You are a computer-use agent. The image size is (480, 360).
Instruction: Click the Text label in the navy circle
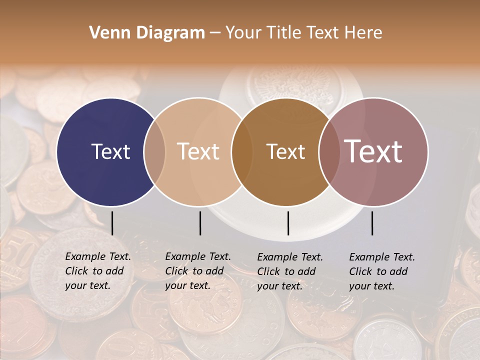pos(110,151)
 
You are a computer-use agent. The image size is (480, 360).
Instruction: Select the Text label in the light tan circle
pos(198,151)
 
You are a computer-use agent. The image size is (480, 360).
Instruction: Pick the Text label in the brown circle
pos(285,151)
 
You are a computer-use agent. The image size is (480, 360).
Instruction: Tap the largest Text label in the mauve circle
pos(373,151)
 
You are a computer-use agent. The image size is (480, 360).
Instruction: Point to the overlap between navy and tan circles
pos(154,151)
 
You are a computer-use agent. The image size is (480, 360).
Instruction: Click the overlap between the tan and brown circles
pos(242,151)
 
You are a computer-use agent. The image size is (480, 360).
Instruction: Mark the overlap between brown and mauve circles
pos(328,151)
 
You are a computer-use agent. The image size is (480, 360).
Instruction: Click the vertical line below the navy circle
pos(112,223)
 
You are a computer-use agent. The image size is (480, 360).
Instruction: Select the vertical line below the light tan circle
pos(200,223)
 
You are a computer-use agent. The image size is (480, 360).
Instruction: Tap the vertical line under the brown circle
pos(288,223)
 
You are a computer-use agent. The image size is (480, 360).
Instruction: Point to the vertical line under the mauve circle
pos(372,223)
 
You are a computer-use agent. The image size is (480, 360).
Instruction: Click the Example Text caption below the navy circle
pos(98,271)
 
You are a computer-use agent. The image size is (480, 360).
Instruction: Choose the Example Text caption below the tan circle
pos(198,271)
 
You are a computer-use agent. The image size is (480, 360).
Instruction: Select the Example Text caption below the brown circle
pos(290,271)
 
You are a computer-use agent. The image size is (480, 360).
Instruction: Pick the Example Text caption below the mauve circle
pos(382,271)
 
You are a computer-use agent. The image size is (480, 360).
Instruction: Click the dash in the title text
pos(215,33)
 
